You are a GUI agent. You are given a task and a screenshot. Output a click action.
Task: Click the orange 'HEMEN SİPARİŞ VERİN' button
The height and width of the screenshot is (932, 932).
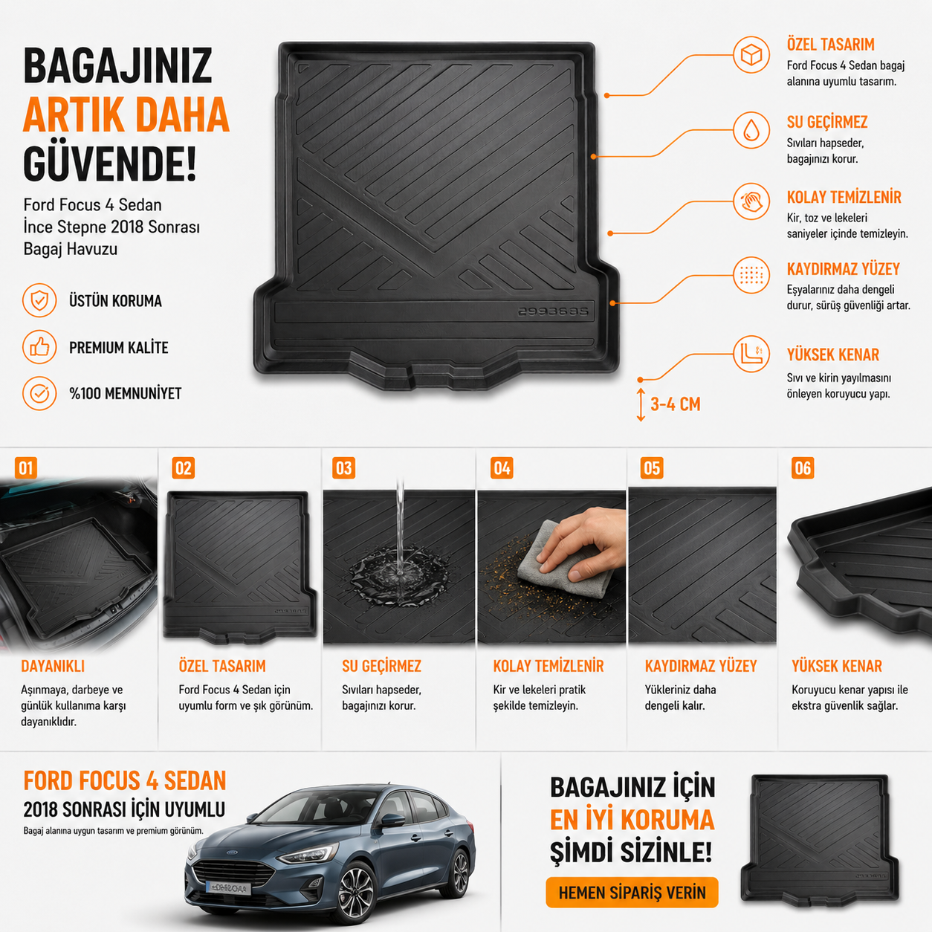tap(632, 893)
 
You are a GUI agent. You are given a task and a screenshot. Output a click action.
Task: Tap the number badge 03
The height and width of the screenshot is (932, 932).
tap(343, 467)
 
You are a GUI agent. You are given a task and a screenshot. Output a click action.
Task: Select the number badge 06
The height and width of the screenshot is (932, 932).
tap(803, 467)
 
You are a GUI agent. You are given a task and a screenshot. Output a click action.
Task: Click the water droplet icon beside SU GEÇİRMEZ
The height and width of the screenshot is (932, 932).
tap(751, 130)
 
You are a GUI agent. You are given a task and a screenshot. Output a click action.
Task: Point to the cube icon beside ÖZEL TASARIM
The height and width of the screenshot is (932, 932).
tap(751, 55)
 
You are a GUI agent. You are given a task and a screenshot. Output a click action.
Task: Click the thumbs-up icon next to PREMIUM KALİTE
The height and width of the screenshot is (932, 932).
tap(39, 347)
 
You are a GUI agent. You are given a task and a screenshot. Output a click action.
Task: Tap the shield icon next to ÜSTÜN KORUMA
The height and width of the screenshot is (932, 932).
tap(39, 300)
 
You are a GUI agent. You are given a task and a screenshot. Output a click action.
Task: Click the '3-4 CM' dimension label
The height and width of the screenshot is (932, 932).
tap(675, 404)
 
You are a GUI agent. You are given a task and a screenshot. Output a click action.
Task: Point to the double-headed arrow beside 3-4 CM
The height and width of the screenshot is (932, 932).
tap(641, 404)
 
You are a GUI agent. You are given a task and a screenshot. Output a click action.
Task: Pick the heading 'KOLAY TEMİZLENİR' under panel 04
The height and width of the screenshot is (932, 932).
tap(548, 666)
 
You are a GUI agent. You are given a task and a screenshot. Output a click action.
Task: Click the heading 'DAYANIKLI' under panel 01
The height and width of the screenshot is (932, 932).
tap(53, 666)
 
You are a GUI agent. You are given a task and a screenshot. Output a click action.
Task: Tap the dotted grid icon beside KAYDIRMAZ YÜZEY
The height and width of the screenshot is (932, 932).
tap(751, 275)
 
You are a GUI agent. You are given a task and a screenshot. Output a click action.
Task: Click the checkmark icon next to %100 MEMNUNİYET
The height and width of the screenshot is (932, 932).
tap(39, 393)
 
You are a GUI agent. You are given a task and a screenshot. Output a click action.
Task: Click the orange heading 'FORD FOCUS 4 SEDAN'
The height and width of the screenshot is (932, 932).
tap(125, 780)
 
